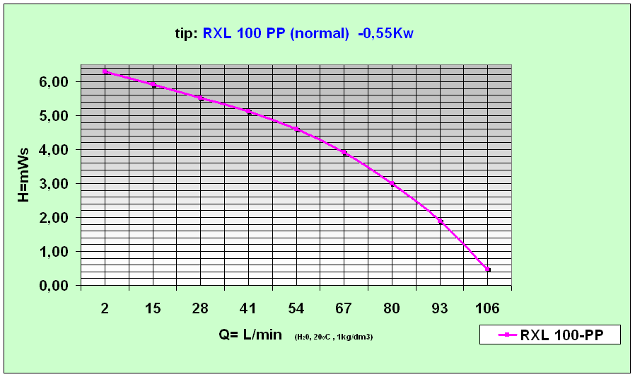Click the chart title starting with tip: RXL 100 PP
[x=293, y=33]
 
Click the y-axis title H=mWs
[x=23, y=175]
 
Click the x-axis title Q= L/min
[x=250, y=335]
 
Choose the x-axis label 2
[x=105, y=308]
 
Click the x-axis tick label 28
[x=201, y=308]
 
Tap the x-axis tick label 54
[x=296, y=308]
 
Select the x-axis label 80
[x=392, y=308]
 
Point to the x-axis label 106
[x=487, y=308]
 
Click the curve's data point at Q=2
[x=105, y=71]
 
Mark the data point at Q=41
[x=249, y=112]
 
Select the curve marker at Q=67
[x=344, y=153]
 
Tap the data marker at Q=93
[x=440, y=221]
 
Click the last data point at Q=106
[x=487, y=269]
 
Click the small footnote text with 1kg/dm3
[x=334, y=337]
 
